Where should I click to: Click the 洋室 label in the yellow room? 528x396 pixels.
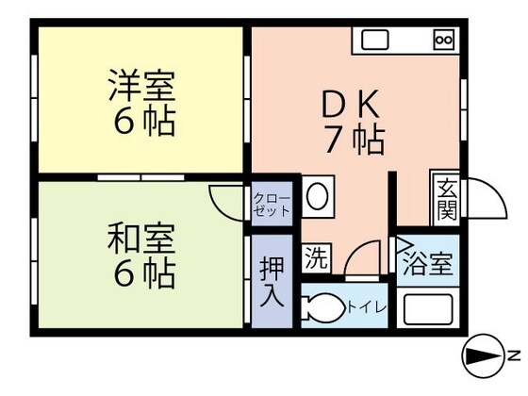140,86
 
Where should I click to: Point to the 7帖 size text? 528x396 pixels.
355,140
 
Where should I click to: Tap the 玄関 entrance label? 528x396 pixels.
444,200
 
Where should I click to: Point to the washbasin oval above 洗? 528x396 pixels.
318,197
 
